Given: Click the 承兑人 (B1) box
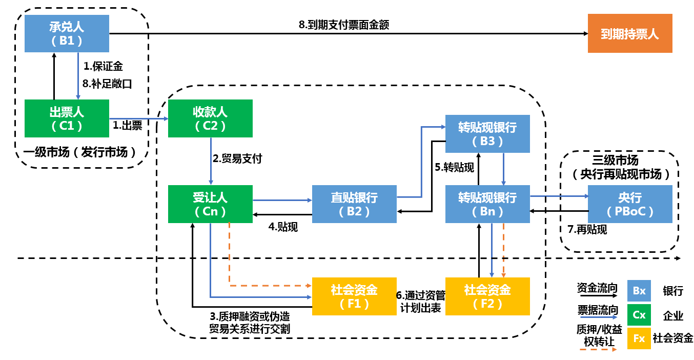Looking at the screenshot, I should point(67,33).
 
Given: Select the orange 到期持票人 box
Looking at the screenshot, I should point(630,34).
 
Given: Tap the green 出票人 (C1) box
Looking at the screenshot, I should point(67,118).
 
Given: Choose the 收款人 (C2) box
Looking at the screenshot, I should point(210,118).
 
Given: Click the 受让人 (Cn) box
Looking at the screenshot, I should point(210,204).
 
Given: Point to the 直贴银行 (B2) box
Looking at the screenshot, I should point(354,204).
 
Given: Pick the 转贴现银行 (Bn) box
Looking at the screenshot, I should point(487,204).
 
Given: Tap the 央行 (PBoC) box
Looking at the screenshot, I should point(630,204).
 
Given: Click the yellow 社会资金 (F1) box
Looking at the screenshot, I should point(354,296).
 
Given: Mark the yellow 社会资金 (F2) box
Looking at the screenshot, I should point(487,296).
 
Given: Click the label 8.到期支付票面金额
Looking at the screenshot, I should point(344,24).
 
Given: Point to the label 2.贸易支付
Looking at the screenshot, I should point(237,158).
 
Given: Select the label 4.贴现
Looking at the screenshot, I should point(283,227).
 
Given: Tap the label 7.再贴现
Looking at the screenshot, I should point(587,230).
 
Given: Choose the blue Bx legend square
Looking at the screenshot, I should point(639,291).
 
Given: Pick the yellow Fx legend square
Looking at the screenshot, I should point(639,338).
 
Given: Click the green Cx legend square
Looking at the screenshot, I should point(639,315).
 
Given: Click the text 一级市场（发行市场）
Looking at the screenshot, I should point(80,151).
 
